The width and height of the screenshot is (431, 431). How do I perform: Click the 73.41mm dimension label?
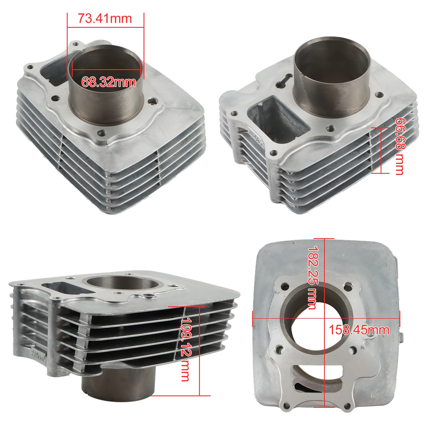pos(105,19)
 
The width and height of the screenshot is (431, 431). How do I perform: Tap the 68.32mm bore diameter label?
pos(109,82)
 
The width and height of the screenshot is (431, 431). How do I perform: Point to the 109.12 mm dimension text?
pos(186,349)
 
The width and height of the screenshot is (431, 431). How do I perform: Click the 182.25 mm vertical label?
pos(313,278)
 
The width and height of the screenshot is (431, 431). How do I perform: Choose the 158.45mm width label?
pos(359,330)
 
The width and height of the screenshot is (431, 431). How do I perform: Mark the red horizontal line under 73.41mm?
pos(105,27)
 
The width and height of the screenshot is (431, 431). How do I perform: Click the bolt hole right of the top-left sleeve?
pos(154,101)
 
